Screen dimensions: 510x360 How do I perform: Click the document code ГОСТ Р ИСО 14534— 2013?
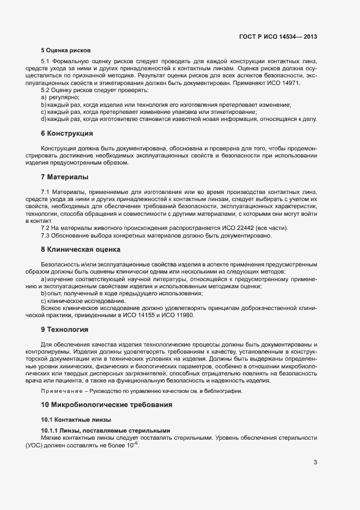278,37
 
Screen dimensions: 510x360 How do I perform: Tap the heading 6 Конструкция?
66,133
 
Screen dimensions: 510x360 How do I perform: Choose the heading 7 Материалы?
64,177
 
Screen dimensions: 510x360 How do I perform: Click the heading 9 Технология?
64,330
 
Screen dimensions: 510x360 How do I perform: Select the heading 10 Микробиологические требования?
107,405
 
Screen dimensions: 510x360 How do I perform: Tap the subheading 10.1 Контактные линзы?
76,420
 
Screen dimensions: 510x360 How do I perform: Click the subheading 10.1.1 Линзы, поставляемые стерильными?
106,430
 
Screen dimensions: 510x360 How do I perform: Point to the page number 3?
315,463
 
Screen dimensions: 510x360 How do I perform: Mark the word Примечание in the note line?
60,391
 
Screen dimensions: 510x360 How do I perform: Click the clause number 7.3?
46,235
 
